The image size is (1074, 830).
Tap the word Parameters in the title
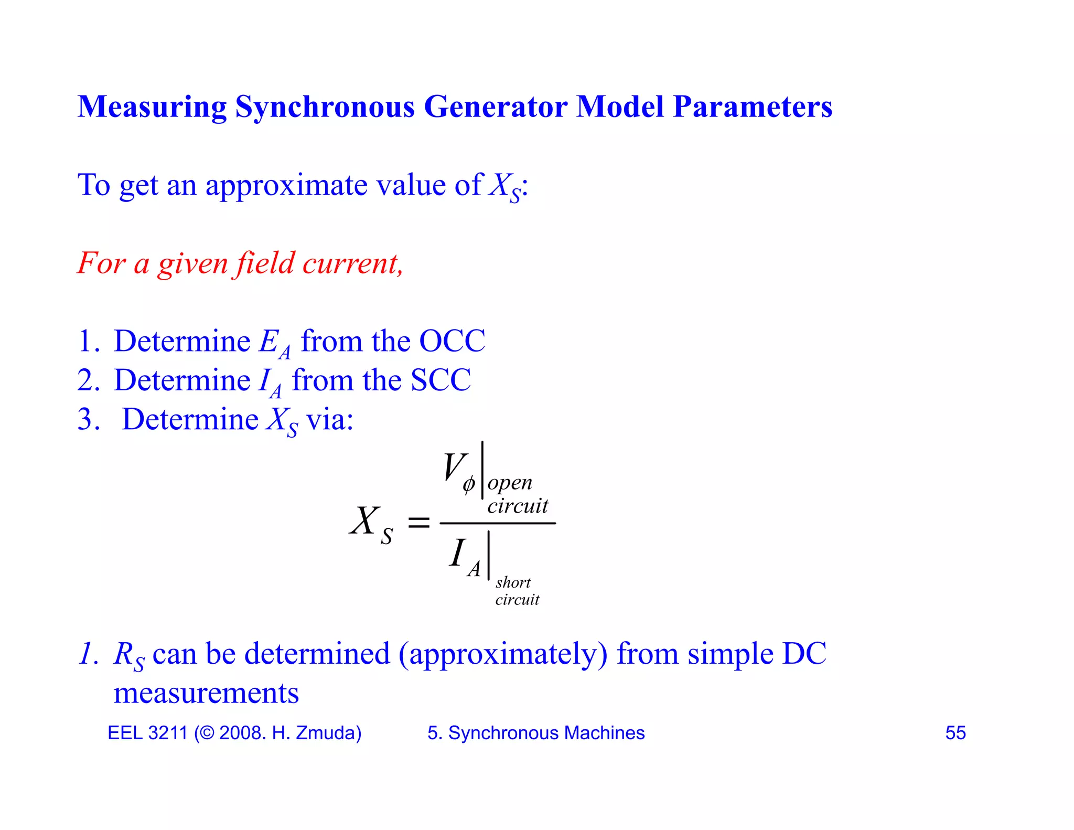(753, 107)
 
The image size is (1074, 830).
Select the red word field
(265, 263)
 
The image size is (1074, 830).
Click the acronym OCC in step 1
(452, 342)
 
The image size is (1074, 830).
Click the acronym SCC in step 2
(441, 380)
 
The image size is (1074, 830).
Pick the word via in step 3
(329, 420)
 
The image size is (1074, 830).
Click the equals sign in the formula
(418, 523)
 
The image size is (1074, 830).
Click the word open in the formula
(510, 483)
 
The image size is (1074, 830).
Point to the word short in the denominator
(513, 582)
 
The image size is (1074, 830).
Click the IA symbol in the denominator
(464, 557)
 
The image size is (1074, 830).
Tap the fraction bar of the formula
(497, 523)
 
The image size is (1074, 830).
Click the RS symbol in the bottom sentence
(128, 656)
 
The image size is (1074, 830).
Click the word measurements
(206, 694)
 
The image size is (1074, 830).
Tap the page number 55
(955, 733)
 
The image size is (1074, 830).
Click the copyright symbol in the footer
(207, 733)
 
